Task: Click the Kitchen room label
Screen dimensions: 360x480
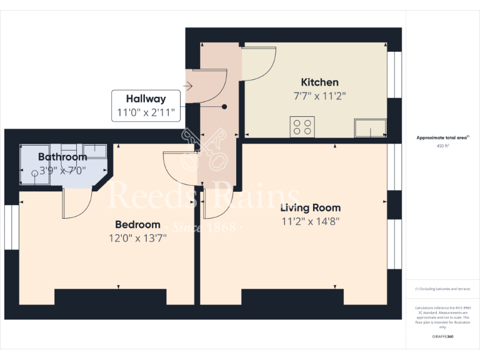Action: (319, 82)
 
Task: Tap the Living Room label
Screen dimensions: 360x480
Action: (310, 207)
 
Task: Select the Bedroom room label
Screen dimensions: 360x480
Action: (137, 224)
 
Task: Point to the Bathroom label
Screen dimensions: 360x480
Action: (62, 157)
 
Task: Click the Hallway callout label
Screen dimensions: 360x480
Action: (146, 99)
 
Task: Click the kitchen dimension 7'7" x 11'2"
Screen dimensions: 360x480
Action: (319, 96)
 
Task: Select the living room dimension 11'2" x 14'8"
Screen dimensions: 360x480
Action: (310, 221)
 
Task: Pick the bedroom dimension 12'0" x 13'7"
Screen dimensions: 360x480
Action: (137, 237)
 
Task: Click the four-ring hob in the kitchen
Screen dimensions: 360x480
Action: (302, 127)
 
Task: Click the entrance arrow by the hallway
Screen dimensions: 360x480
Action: (189, 87)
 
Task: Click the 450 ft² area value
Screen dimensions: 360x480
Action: (442, 146)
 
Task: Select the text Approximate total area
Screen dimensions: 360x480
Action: (442, 137)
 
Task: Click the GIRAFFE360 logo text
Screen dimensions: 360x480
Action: (442, 337)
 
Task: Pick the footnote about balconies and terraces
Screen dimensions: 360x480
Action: (442, 289)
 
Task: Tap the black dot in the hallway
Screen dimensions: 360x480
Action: (224, 107)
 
